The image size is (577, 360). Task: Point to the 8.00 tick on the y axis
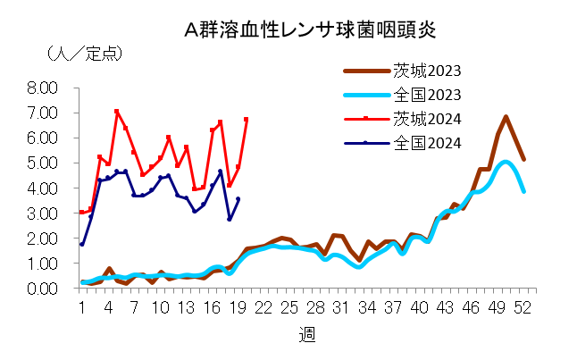(42, 88)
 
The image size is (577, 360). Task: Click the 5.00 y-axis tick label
(42, 163)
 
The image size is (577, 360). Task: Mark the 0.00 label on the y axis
(42, 289)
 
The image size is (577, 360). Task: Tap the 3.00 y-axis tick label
(42, 213)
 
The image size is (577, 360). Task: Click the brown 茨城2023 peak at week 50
(506, 117)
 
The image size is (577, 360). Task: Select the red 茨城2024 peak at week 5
(117, 112)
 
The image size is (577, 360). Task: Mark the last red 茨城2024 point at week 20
(247, 119)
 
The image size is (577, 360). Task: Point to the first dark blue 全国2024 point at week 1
(82, 244)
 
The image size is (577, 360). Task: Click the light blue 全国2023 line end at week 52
(524, 191)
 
